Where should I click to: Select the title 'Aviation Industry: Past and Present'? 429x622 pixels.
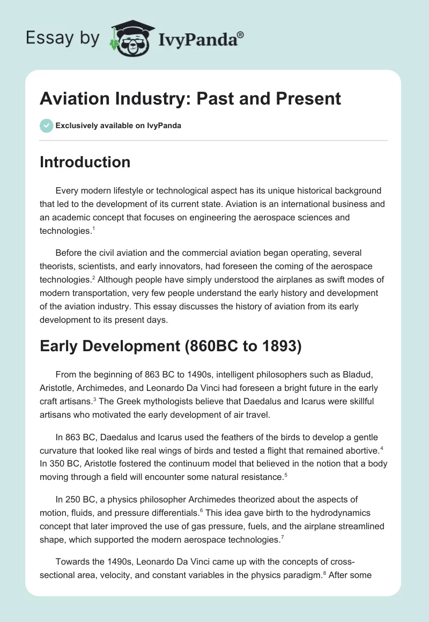click(x=190, y=99)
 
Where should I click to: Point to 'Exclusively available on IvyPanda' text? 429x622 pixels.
click(x=119, y=125)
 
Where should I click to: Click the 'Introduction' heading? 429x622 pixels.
click(x=85, y=162)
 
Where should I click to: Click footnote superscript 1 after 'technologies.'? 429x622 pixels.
click(x=93, y=227)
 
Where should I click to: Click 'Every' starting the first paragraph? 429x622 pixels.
click(x=67, y=191)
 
